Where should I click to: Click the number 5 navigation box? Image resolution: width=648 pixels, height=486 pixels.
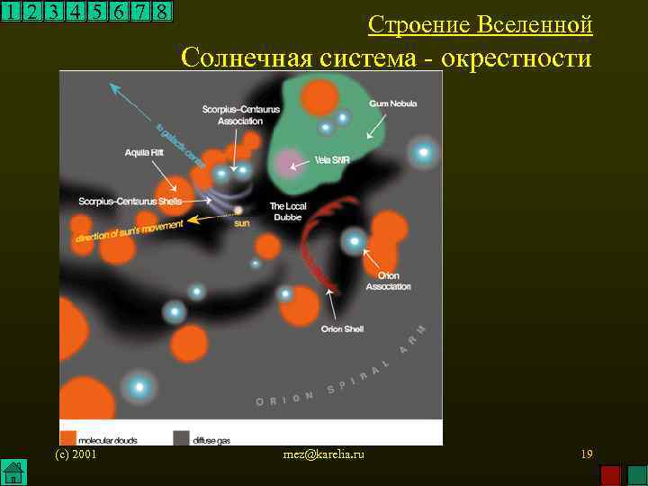(x=96, y=12)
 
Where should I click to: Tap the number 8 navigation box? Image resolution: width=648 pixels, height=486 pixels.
(x=161, y=12)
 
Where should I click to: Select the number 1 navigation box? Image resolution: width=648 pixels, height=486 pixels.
(x=11, y=12)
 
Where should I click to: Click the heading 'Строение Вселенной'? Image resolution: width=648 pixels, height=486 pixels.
(x=481, y=24)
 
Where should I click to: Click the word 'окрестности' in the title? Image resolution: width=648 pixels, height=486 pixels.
(x=517, y=58)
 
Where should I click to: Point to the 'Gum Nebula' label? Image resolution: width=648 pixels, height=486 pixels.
(x=389, y=104)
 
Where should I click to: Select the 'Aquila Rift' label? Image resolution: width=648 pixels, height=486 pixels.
(x=144, y=152)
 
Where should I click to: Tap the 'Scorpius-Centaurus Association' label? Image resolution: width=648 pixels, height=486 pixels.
(x=232, y=114)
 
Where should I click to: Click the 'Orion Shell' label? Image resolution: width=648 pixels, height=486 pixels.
(x=342, y=328)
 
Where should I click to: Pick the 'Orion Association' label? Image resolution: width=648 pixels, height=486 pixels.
(x=388, y=281)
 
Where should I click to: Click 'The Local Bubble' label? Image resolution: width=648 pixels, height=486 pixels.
(x=288, y=211)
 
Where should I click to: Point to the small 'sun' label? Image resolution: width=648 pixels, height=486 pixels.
(x=241, y=223)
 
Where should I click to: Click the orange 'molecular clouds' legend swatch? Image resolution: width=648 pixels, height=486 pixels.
(x=67, y=437)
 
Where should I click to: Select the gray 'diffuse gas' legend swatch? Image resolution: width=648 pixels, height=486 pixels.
(x=181, y=437)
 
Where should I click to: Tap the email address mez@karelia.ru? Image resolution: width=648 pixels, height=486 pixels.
(x=323, y=455)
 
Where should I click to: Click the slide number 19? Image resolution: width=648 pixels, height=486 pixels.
(x=586, y=454)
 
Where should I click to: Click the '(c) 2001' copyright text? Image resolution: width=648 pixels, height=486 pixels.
(x=76, y=454)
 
